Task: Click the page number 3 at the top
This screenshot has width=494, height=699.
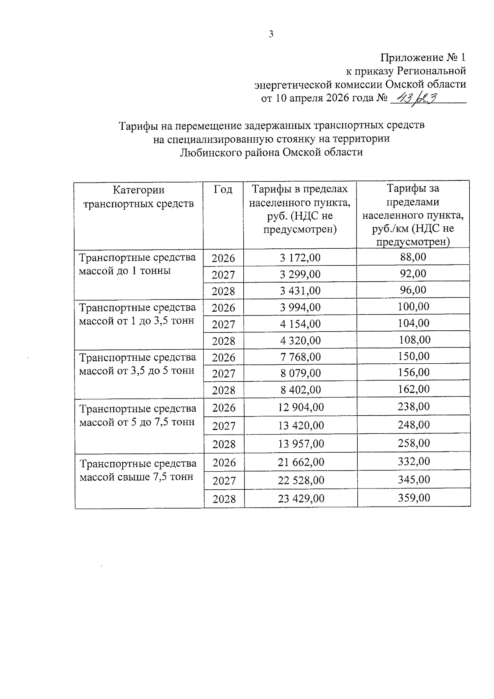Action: pos(271,35)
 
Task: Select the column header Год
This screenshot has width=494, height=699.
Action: pos(223,189)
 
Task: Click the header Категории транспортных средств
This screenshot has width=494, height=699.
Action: pos(138,196)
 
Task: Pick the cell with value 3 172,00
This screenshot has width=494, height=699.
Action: pos(300,258)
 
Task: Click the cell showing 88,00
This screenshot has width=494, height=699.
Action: pos(413,257)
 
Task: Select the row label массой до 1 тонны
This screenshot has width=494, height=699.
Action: pos(125,271)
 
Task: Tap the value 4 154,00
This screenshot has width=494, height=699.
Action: pos(300,324)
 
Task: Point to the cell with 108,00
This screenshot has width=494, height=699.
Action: pos(415,340)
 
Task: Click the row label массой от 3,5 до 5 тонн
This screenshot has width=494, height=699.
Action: pos(137,371)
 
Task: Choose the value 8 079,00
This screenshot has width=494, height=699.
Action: pos(300,373)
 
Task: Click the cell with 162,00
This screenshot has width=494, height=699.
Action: pos(414,389)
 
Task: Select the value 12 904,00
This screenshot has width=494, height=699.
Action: pos(301,407)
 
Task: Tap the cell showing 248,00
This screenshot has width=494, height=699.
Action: pos(414,425)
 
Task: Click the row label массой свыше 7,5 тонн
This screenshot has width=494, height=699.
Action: pos(136,477)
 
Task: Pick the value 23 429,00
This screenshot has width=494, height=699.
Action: pos(301,498)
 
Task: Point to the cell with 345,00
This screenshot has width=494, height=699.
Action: pos(414,479)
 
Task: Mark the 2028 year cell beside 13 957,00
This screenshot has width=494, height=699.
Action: pos(224,444)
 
